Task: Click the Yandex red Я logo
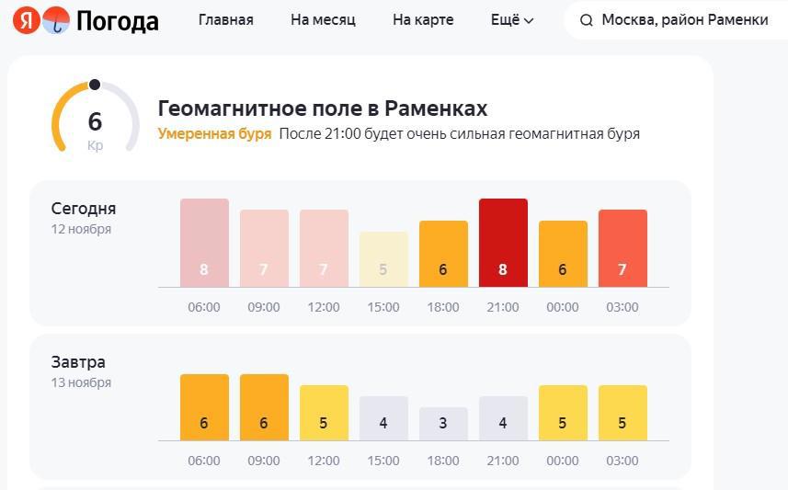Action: click(x=27, y=20)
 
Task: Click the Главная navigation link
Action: click(x=226, y=20)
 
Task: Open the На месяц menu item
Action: click(x=323, y=20)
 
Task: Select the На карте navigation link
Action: click(x=423, y=20)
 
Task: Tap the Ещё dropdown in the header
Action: click(x=512, y=20)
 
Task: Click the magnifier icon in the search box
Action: click(x=587, y=20)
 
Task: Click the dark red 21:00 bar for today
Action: click(x=503, y=243)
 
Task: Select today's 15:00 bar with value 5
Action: click(x=383, y=259)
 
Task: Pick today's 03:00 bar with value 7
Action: click(x=622, y=248)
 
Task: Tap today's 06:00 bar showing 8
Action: click(x=204, y=243)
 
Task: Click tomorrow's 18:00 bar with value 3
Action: click(x=443, y=424)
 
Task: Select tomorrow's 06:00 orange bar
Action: click(x=204, y=407)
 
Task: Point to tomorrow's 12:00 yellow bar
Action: click(x=324, y=413)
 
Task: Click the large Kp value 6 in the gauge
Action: click(x=95, y=121)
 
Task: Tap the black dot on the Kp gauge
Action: click(x=95, y=85)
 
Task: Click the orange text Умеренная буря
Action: click(x=214, y=134)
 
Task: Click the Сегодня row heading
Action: click(x=84, y=209)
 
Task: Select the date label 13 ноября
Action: click(x=81, y=382)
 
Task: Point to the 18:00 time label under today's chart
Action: click(x=443, y=307)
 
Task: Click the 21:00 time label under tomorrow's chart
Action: click(x=503, y=461)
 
